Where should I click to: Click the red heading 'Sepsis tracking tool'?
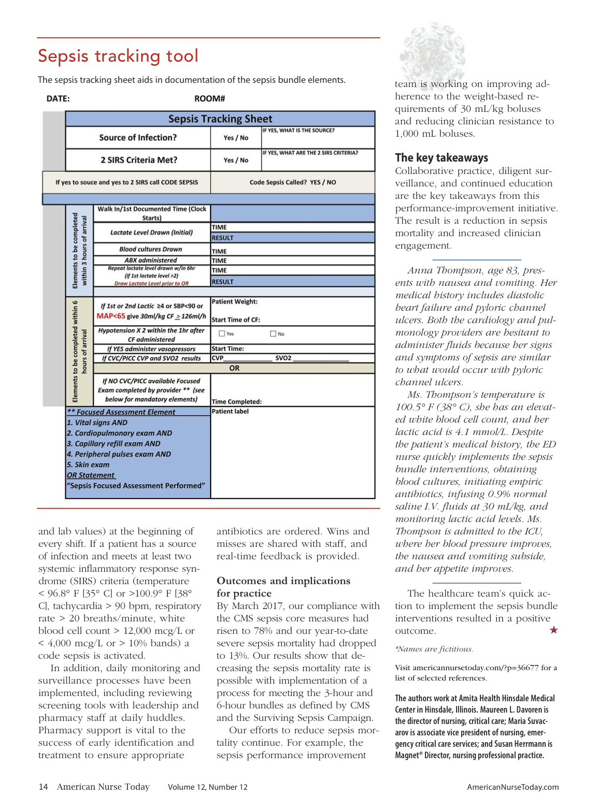pyautogui.click(x=118, y=56)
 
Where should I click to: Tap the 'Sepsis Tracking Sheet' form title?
pyautogui.click(x=220, y=119)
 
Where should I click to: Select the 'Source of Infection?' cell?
pyautogui.click(x=138, y=138)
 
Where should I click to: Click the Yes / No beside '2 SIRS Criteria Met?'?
pyautogui.click(x=236, y=161)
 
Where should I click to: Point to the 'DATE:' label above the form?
pyautogui.click(x=58, y=99)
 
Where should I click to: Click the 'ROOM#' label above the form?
pyautogui.click(x=209, y=99)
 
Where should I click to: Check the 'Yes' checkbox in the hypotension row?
pyautogui.click(x=222, y=334)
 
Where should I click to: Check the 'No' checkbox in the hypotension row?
pyautogui.click(x=273, y=334)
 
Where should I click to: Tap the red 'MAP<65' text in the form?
pyautogui.click(x=111, y=316)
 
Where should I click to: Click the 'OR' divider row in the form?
pyautogui.click(x=234, y=368)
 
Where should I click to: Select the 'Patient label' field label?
pyautogui.click(x=230, y=412)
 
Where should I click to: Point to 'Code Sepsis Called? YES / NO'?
pyautogui.click(x=293, y=182)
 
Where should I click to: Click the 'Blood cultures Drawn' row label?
pyautogui.click(x=151, y=249)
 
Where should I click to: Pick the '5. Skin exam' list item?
pyautogui.click(x=88, y=465)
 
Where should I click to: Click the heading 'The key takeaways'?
pyautogui.click(x=442, y=158)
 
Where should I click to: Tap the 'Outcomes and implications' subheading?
pyautogui.click(x=283, y=581)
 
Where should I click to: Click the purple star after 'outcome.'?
pyautogui.click(x=553, y=630)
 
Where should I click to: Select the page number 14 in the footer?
pyautogui.click(x=43, y=787)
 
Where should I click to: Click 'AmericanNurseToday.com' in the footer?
pyautogui.click(x=513, y=787)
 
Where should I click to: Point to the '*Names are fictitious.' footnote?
pyautogui.click(x=434, y=649)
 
